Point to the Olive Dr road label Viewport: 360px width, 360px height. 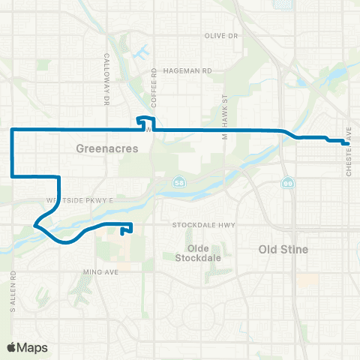pos(221,36)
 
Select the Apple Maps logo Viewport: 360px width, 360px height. pos(26,346)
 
